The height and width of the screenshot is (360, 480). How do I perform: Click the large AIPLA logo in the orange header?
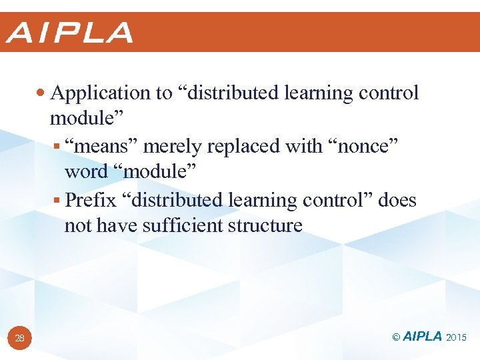[70, 33]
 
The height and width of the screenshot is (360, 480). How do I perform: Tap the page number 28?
[20, 339]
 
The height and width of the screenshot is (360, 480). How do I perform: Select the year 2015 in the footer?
[457, 337]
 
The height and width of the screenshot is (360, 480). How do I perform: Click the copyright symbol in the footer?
[396, 337]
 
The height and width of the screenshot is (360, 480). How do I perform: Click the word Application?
[101, 93]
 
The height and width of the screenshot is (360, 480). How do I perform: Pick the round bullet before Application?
[43, 93]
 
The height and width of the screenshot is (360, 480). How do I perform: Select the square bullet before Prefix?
[58, 200]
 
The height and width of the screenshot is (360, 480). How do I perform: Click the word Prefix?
[91, 199]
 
